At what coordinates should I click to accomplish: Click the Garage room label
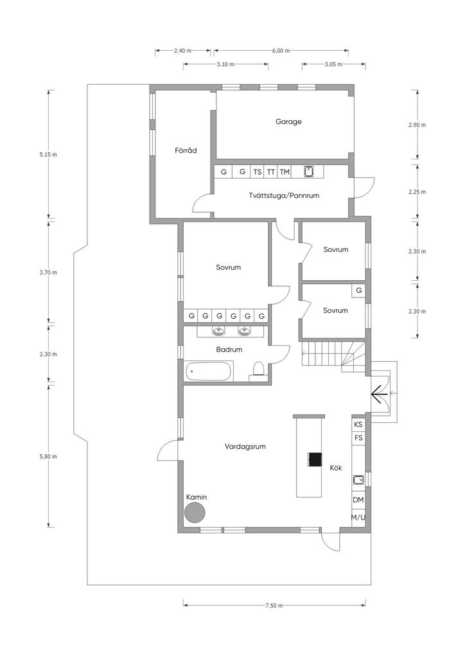(288, 121)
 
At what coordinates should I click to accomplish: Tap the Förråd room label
(186, 150)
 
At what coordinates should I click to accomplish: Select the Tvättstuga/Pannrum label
(284, 195)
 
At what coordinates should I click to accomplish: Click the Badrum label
(229, 349)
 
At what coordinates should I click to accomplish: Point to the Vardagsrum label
(245, 447)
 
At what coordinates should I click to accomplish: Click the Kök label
(336, 468)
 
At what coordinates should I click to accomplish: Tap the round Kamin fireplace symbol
(195, 513)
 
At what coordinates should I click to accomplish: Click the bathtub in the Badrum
(207, 371)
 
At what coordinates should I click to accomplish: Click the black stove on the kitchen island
(315, 459)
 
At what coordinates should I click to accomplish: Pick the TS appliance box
(258, 172)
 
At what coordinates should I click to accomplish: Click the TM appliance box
(285, 172)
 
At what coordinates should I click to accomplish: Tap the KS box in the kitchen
(358, 424)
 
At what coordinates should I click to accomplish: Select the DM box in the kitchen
(358, 500)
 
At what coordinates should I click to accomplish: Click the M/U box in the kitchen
(358, 517)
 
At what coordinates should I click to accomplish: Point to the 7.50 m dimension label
(274, 605)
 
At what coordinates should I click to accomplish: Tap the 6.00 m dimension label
(281, 51)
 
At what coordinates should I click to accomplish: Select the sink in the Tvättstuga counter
(308, 172)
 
